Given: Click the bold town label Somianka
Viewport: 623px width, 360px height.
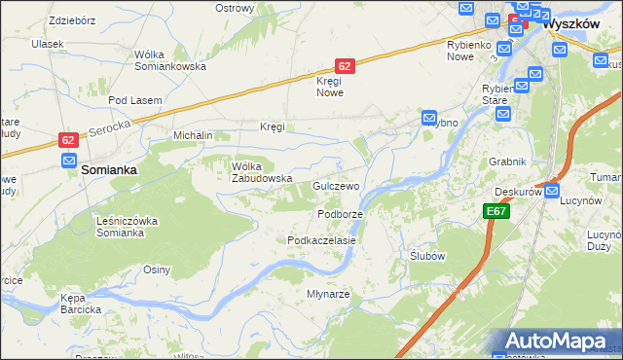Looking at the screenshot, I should [x=108, y=168].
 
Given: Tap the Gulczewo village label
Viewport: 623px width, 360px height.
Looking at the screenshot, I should [x=336, y=185].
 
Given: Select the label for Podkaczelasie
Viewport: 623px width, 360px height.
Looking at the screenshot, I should [x=320, y=239].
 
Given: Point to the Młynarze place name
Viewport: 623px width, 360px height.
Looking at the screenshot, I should [x=328, y=294].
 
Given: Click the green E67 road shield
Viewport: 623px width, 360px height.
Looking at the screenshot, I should [x=495, y=210].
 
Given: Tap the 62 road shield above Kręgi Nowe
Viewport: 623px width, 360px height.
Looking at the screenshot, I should [x=345, y=65].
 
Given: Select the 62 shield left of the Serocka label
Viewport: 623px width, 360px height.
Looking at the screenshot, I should [x=67, y=140].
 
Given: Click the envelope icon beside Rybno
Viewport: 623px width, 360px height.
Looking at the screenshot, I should [x=429, y=118].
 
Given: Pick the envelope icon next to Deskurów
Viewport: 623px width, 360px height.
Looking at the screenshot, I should [x=552, y=193].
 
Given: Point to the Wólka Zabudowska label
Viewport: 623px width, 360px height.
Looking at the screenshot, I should [x=261, y=172].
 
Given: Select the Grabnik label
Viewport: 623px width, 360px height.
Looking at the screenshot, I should [x=508, y=162].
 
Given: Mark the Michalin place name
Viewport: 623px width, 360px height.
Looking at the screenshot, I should [x=193, y=135].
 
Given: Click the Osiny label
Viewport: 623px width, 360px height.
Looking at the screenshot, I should [x=157, y=270].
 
